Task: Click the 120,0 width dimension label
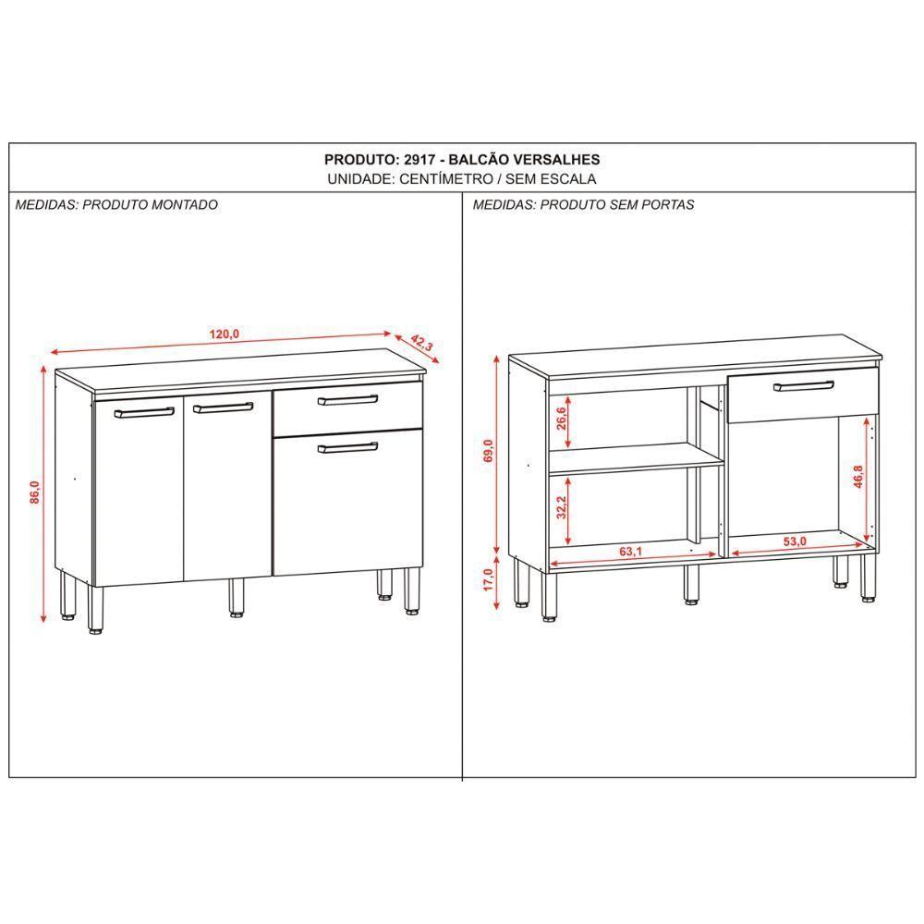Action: [x=225, y=334]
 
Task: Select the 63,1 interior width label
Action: [x=631, y=553]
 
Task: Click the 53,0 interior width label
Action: [x=795, y=541]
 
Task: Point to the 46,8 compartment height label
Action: [x=858, y=477]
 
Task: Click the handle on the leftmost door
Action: [x=144, y=411]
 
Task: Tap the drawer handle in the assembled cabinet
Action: [x=347, y=400]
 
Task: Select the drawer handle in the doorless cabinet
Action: [x=804, y=385]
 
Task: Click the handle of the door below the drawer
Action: [x=347, y=447]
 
